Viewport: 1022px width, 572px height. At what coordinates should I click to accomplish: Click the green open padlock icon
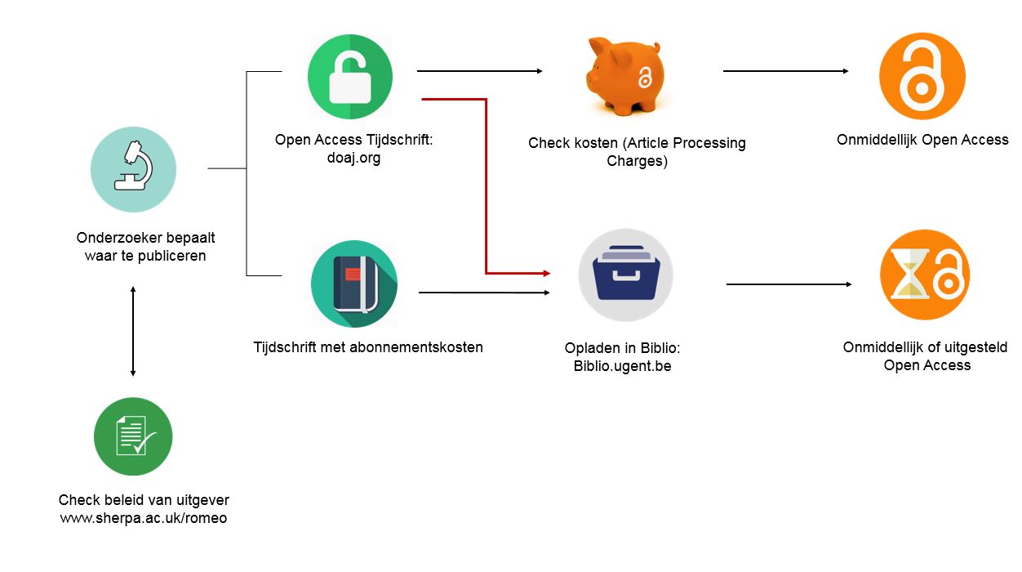pyautogui.click(x=349, y=77)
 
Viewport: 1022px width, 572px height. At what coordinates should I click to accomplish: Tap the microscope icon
pyautogui.click(x=133, y=169)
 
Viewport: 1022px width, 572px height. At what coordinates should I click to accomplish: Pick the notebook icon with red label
pyautogui.click(x=353, y=284)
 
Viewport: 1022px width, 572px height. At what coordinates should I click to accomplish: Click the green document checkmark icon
pyautogui.click(x=133, y=436)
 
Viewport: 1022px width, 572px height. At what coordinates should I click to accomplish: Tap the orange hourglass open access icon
pyautogui.click(x=925, y=274)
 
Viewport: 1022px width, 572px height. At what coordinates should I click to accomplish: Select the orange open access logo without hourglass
pyautogui.click(x=922, y=76)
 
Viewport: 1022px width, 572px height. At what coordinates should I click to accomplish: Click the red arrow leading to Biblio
pyautogui.click(x=487, y=188)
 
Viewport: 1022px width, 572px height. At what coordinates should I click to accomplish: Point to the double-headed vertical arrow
pyautogui.click(x=133, y=331)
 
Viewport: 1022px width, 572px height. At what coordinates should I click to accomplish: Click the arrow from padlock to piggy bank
pyautogui.click(x=479, y=71)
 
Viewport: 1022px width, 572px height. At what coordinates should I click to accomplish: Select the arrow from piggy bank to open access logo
pyautogui.click(x=785, y=71)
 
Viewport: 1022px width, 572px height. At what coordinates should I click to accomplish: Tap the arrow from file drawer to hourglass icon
pyautogui.click(x=789, y=284)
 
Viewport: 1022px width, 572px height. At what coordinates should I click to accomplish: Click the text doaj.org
pyautogui.click(x=353, y=158)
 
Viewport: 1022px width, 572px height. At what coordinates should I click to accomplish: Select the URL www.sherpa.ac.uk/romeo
pyautogui.click(x=144, y=518)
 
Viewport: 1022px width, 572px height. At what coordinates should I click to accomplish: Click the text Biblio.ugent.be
pyautogui.click(x=622, y=366)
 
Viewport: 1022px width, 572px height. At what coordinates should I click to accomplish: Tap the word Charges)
pyautogui.click(x=637, y=161)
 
